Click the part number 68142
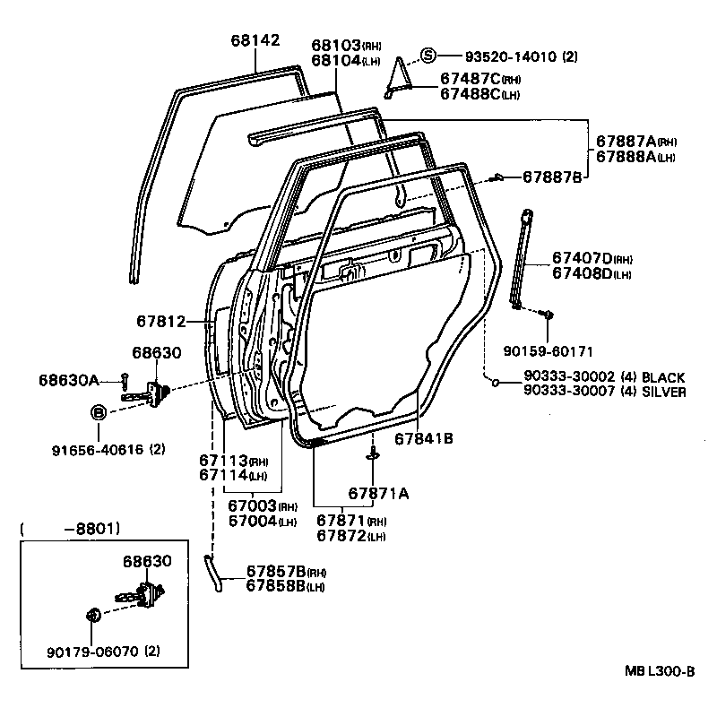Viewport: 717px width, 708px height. [x=255, y=40]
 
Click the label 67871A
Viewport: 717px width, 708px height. [x=378, y=494]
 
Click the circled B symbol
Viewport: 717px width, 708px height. [x=99, y=412]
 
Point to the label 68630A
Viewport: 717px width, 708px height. [x=69, y=380]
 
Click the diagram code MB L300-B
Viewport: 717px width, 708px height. [x=661, y=671]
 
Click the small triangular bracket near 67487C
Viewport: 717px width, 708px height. [x=397, y=80]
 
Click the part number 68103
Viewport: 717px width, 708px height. [x=336, y=44]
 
